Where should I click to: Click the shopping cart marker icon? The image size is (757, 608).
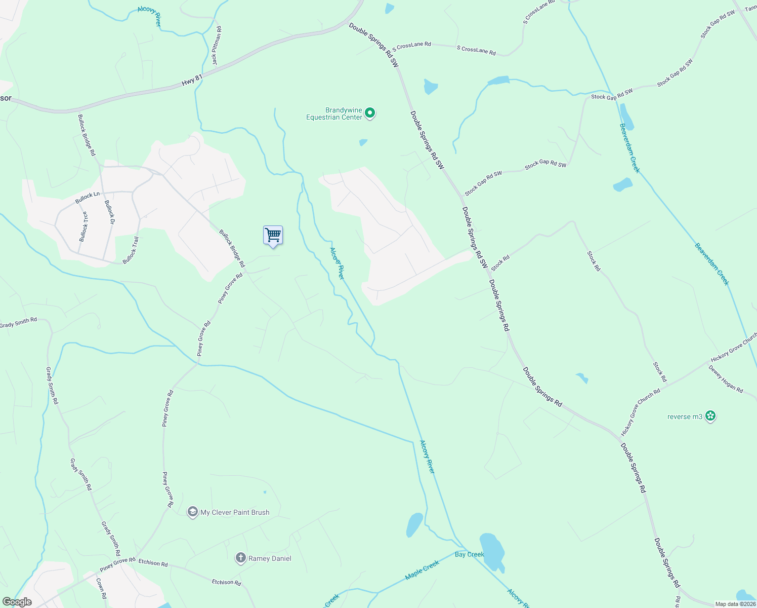tap(273, 236)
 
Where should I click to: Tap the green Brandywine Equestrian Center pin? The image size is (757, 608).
tap(370, 113)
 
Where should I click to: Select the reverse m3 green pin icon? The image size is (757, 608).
tap(710, 416)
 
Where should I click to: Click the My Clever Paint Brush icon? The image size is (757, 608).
tap(192, 512)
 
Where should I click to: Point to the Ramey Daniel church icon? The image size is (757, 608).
tap(240, 558)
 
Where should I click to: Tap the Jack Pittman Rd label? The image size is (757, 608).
tap(217, 46)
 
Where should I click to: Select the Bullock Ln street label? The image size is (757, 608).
tap(88, 198)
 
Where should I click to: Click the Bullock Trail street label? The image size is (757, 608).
tap(131, 250)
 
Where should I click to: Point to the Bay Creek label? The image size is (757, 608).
tap(470, 554)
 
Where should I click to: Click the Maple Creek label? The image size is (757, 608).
tap(422, 571)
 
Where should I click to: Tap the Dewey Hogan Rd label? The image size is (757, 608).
tap(726, 379)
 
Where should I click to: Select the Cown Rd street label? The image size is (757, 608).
tap(101, 588)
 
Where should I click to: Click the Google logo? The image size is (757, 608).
tap(17, 602)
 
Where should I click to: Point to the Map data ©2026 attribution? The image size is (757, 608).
tap(734, 604)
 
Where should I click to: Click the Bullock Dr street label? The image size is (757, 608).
tap(109, 212)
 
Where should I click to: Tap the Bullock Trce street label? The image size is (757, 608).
tap(83, 226)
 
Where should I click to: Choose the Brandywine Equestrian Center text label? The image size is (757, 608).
tap(334, 113)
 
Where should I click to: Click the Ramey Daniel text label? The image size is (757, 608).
tap(270, 559)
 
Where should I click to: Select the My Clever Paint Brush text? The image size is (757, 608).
tap(235, 512)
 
